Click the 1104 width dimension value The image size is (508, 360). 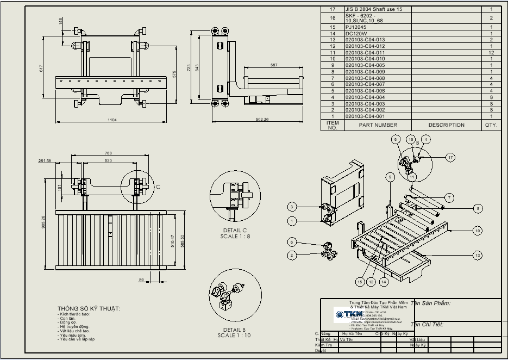(112, 120)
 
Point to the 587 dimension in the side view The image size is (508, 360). (273, 65)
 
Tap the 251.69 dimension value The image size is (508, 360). (45, 161)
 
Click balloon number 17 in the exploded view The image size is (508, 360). (450, 157)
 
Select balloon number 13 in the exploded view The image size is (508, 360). (478, 255)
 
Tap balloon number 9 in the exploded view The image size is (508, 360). (390, 177)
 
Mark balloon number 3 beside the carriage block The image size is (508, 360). (292, 207)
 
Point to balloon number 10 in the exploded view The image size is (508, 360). (478, 231)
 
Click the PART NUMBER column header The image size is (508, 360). (378, 125)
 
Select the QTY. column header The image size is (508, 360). (491, 125)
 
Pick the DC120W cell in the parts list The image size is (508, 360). (356, 33)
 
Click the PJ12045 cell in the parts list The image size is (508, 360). (356, 27)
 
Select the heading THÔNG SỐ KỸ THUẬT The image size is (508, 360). (89, 309)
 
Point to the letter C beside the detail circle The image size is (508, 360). (158, 187)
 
